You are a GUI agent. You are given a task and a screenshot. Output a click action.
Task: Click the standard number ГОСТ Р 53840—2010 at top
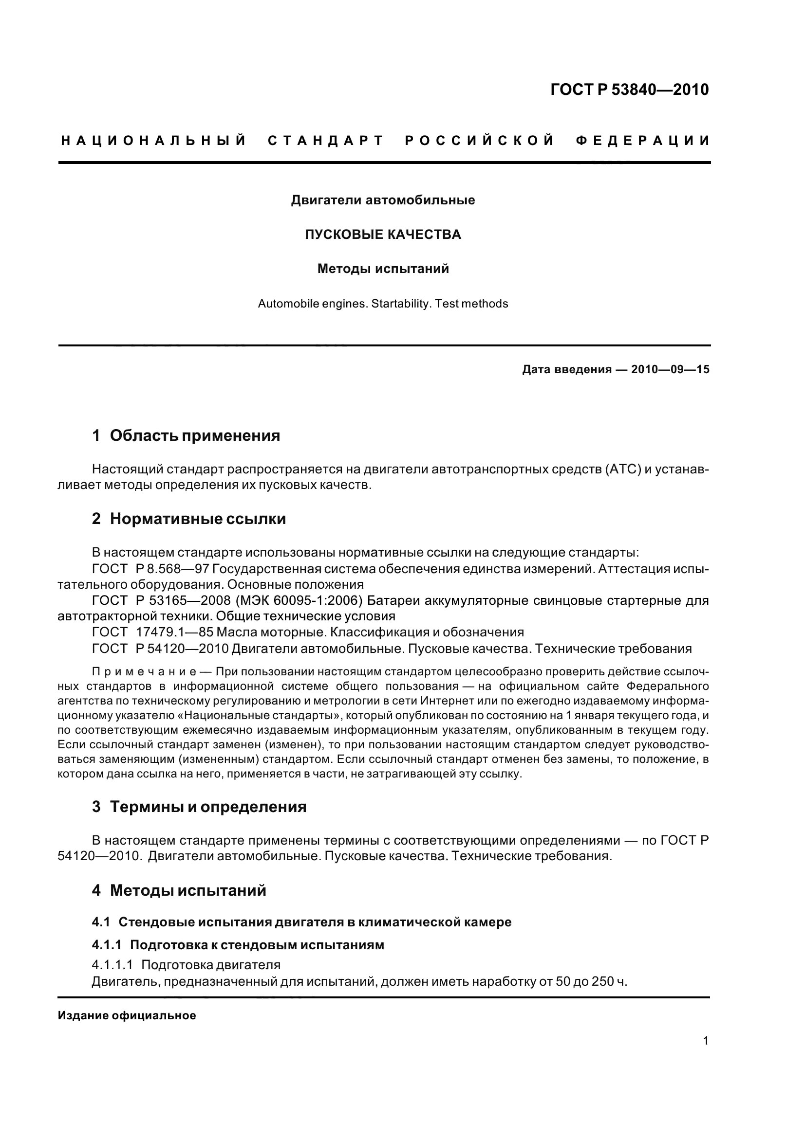point(629,90)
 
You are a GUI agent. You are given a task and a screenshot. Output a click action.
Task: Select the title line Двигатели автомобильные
point(382,200)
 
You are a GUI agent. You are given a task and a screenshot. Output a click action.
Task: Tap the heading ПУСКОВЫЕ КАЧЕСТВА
point(382,235)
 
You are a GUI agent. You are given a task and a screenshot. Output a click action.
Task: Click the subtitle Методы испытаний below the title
point(382,269)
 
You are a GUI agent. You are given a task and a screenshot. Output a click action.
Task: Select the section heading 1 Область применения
point(186,435)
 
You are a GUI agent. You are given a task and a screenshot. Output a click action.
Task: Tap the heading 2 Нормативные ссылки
point(189,519)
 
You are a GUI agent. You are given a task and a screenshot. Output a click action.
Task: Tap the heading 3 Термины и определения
point(199,807)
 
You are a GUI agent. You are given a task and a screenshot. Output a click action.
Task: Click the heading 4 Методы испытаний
point(179,891)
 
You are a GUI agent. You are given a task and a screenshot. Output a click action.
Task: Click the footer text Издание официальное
point(127,1015)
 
